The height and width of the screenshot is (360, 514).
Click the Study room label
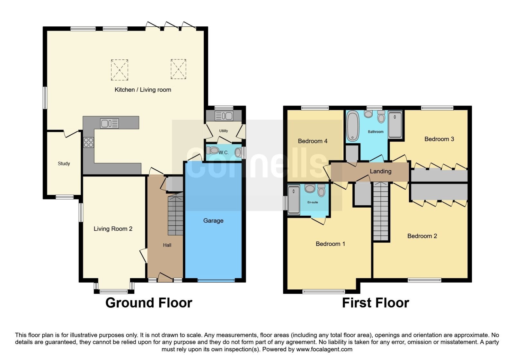coord(64,164)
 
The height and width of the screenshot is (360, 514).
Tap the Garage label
coord(213,221)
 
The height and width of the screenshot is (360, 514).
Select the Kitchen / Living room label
coord(143,90)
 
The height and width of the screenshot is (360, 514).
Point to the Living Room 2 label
coord(113,229)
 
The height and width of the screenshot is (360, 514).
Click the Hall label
coord(167,245)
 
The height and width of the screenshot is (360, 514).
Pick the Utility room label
coord(224,130)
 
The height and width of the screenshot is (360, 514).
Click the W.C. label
coord(224,152)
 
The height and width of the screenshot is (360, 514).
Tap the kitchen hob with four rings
coord(88,142)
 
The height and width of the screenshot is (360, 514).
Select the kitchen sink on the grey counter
coord(110,123)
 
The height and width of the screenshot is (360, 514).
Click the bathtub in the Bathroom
coord(353,126)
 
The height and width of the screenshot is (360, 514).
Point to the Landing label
coord(380,171)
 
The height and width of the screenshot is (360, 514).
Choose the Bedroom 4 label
coord(313,141)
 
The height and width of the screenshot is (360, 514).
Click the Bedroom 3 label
coord(439,139)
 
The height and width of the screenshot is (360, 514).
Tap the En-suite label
coord(313,202)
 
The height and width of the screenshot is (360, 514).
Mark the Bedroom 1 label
coord(330,244)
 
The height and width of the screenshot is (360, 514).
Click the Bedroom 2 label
coord(422,236)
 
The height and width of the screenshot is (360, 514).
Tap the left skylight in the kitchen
coord(120,70)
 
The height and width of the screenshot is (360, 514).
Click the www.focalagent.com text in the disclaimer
coord(324,349)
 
